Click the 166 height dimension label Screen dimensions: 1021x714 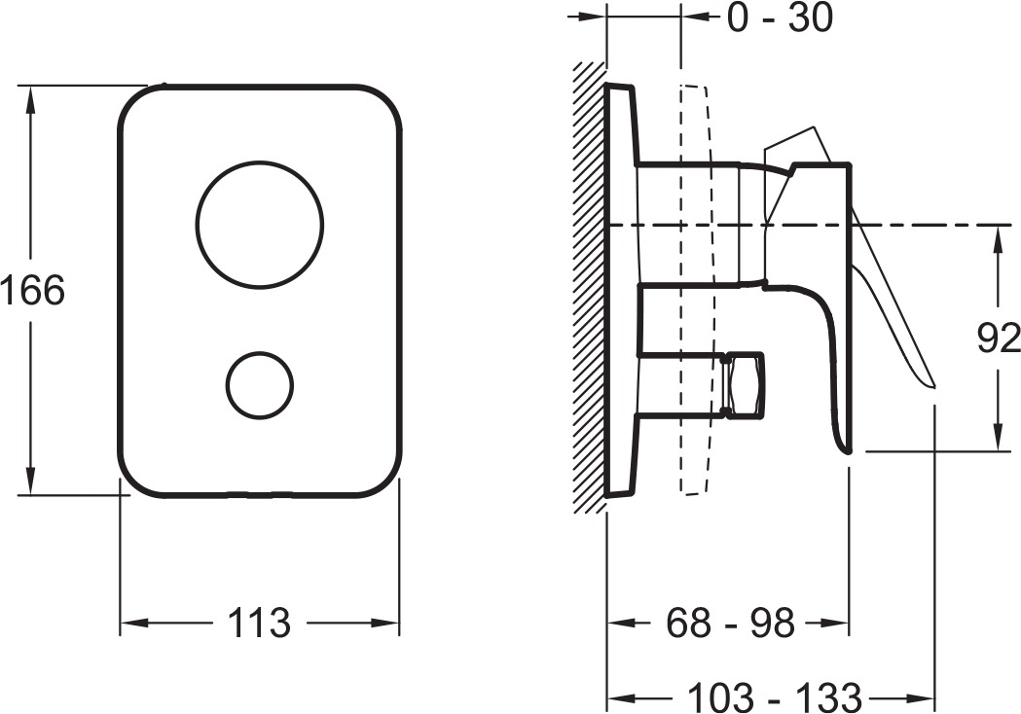pyautogui.click(x=32, y=290)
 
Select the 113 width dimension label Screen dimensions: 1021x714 pyautogui.click(x=259, y=623)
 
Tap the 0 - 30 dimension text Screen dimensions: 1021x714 pyautogui.click(x=780, y=18)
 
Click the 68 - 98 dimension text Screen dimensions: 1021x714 pyautogui.click(x=730, y=623)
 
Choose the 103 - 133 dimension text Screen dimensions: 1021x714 pyautogui.click(x=775, y=697)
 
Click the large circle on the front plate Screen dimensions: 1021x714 pyautogui.click(x=259, y=224)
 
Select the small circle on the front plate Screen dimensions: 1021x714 pyautogui.click(x=260, y=385)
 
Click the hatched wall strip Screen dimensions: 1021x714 pyautogui.click(x=589, y=287)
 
